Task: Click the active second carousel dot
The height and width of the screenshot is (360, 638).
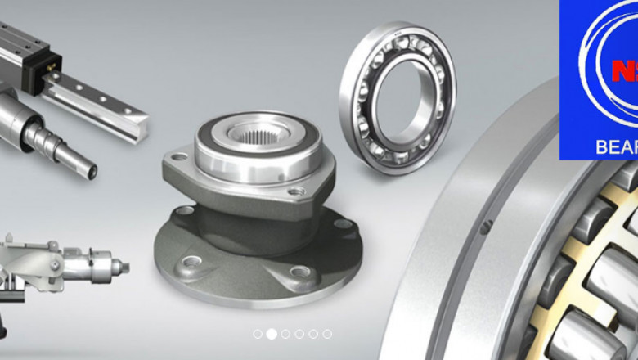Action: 272,334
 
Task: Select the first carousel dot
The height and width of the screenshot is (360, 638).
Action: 258,334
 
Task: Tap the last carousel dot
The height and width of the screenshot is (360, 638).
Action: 327,334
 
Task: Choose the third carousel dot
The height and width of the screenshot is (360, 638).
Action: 285,334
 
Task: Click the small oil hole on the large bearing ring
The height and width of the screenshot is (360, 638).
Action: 484,227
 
